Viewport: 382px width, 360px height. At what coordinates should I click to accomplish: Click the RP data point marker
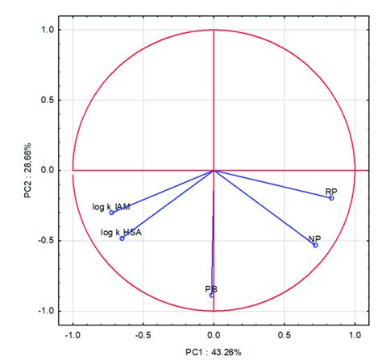coord(331,198)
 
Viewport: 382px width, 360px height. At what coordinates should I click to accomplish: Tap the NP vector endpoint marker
coord(315,245)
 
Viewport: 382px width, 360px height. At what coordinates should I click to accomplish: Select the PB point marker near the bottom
coord(212,296)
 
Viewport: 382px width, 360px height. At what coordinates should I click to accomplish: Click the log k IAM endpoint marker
coord(111,213)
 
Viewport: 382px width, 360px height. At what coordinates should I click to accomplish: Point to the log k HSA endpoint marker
coord(122,238)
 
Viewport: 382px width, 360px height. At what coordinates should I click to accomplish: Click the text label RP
coord(330,191)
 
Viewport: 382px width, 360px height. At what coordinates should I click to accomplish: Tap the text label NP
coord(314,238)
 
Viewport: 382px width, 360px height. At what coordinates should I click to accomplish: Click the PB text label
coord(210,288)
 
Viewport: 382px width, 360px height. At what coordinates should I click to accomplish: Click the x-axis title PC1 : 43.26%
coord(213,352)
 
